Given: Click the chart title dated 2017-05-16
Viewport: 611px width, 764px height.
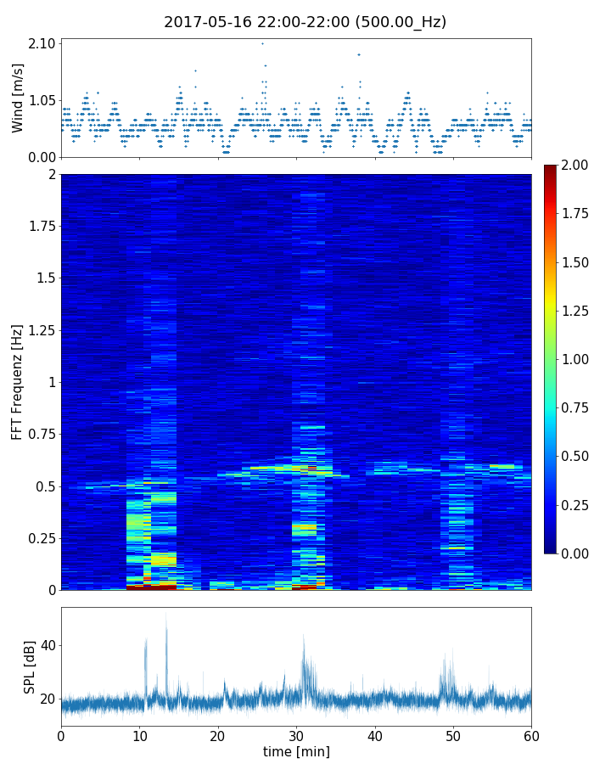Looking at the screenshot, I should (305, 22).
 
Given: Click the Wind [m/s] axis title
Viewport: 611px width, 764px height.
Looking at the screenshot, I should (18, 98).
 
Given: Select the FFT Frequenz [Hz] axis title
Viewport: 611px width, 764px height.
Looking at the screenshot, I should (18, 382).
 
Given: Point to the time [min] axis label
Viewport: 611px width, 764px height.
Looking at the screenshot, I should (296, 751).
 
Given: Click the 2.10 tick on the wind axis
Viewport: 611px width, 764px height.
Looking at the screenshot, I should (42, 43).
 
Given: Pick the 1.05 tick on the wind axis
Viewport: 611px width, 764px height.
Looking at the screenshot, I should (42, 100).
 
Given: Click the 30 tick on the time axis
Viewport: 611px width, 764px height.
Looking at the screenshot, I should (296, 734).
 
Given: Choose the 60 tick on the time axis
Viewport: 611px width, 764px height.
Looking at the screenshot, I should (531, 734).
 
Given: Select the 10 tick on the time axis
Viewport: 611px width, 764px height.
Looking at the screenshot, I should (139, 734).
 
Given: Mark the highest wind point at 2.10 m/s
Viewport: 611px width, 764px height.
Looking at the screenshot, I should (262, 43).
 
